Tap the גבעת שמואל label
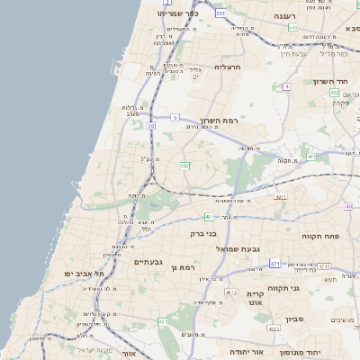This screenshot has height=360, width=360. click(x=238, y=248)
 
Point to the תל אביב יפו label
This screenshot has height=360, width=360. click(x=85, y=273)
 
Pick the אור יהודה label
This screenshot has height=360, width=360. click(x=245, y=351)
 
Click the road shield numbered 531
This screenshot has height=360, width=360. click(x=220, y=13)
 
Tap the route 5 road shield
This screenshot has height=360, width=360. click(x=175, y=117)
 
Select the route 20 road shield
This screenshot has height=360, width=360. click(x=151, y=127)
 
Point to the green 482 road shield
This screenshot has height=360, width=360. click(x=184, y=166)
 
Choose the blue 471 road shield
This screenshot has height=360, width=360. click(x=274, y=263)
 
